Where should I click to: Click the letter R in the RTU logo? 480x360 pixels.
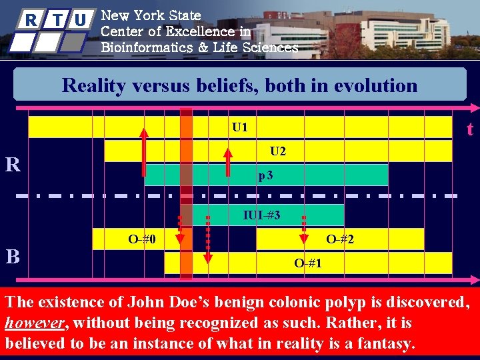31,20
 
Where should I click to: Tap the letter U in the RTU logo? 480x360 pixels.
79,20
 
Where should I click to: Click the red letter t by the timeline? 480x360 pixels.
470,129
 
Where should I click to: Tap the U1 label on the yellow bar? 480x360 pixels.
239,127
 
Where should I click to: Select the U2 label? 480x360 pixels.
278,151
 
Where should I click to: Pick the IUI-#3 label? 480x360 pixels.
261,215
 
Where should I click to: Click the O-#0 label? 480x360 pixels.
142,239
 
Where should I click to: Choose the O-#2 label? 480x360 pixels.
340,239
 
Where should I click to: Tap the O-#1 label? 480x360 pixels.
308,263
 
